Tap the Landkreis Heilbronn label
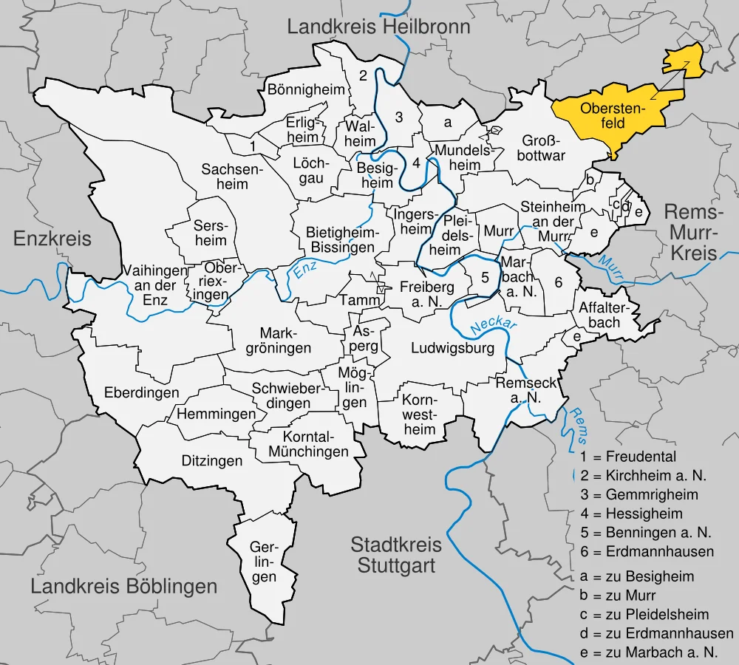point(378,28)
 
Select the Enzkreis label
point(52,239)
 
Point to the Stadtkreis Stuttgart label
point(396,556)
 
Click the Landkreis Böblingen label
point(124,587)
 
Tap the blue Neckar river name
point(493,322)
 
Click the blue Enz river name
point(304,271)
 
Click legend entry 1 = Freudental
point(628,456)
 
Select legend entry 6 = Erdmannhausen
point(647,552)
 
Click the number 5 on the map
point(485,278)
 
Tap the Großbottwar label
point(543,148)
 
